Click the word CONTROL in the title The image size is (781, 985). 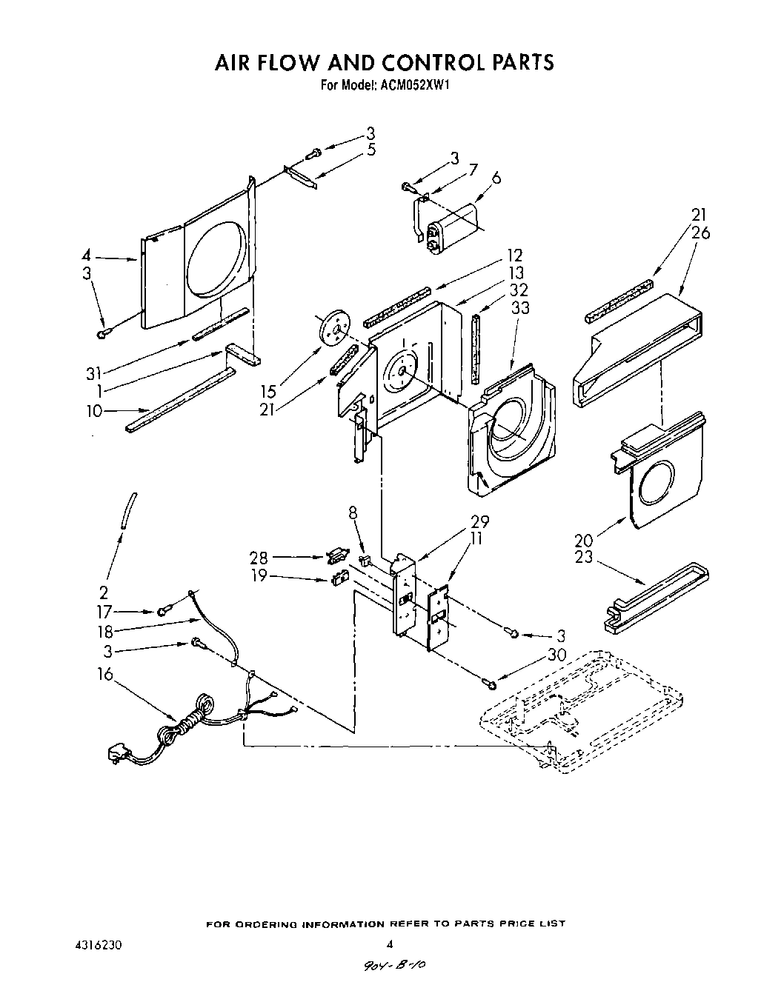click(419, 62)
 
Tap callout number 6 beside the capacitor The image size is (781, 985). click(496, 178)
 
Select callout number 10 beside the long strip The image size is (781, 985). click(94, 412)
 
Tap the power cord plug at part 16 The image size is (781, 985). click(116, 753)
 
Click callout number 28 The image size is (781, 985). click(259, 557)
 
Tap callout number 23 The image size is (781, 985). click(584, 555)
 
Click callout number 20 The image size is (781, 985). click(584, 538)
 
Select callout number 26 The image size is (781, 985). click(700, 233)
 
